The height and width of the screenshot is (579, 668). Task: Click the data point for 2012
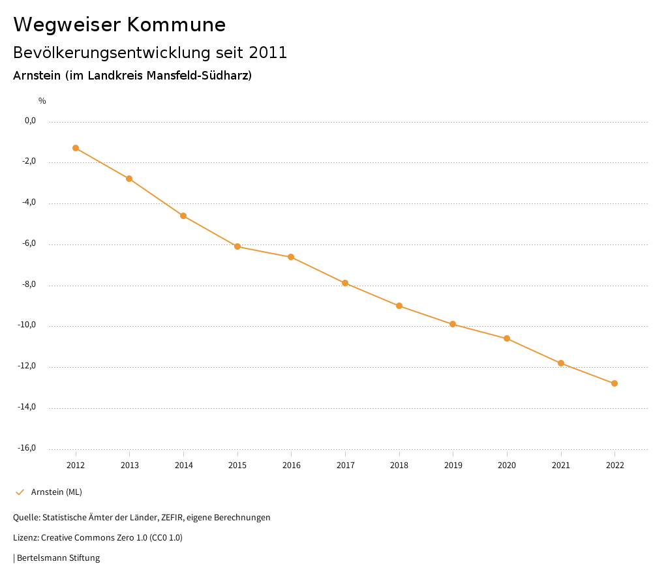76,148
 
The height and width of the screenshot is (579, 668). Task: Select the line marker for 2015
237,246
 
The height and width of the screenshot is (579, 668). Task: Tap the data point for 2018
399,306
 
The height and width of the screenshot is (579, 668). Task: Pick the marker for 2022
615,383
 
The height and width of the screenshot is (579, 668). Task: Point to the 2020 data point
507,338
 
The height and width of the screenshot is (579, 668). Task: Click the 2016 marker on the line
291,257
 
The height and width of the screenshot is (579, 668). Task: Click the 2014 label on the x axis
184,465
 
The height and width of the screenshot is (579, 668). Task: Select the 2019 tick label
453,465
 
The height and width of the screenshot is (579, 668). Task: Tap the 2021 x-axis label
561,465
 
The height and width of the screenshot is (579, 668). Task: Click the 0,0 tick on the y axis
30,121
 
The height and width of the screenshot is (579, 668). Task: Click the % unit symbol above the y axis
42,101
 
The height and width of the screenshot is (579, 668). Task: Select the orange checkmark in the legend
20,492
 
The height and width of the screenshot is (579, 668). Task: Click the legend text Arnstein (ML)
57,492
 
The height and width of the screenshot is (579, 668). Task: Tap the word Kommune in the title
176,25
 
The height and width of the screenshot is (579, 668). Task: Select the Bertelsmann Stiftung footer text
58,558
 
